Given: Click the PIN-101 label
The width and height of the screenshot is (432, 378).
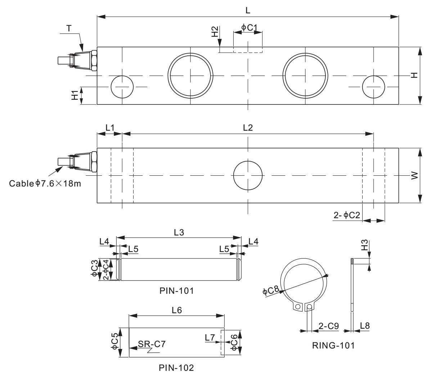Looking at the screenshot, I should click(x=176, y=291).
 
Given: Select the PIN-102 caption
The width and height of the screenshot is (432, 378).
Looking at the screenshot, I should click(x=176, y=368).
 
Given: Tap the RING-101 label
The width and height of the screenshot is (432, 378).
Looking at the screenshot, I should click(x=333, y=346).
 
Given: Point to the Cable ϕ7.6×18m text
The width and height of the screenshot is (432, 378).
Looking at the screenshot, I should click(x=45, y=184).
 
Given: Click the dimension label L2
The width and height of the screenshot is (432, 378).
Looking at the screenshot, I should click(x=248, y=127).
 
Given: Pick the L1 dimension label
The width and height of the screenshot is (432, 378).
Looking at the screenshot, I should click(x=109, y=127).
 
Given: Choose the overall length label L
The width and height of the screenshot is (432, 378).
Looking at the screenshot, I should click(x=248, y=10).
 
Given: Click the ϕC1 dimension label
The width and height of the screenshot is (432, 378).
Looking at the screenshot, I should click(x=248, y=27).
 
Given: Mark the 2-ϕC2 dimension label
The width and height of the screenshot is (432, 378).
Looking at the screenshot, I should click(x=347, y=215).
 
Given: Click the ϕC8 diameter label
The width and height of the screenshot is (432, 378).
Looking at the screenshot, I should click(x=270, y=291).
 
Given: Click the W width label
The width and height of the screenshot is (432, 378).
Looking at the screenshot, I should click(x=414, y=175).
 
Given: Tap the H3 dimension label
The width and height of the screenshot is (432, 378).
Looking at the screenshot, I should click(x=364, y=246).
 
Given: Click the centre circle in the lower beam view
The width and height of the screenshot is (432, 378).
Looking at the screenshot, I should click(x=248, y=175).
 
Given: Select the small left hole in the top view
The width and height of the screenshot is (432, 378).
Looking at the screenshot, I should click(x=122, y=87).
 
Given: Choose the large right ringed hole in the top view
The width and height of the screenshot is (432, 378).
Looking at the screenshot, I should click(x=305, y=76).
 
